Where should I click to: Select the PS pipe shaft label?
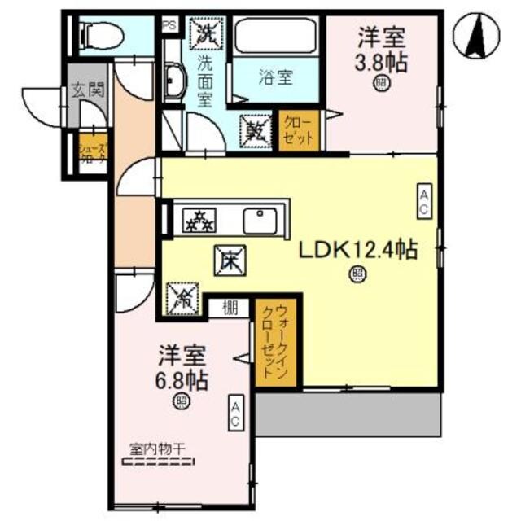[170, 26]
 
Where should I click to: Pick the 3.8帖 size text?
[379, 63]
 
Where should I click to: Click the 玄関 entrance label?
[87, 90]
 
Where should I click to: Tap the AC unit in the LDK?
[424, 200]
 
